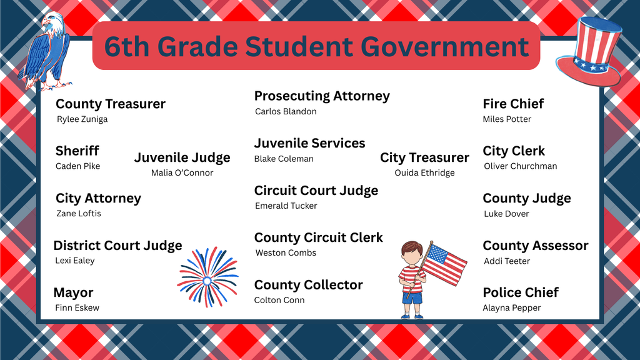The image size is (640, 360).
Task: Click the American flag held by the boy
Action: point(443,262)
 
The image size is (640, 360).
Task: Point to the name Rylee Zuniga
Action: point(82,119)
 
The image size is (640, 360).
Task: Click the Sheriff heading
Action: point(77,151)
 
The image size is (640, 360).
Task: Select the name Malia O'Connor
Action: point(182,172)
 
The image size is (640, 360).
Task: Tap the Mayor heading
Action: point(73,292)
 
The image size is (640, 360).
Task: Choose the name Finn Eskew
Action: point(77,307)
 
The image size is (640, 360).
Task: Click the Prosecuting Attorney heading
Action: point(322,96)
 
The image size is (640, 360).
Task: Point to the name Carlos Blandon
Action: point(286,111)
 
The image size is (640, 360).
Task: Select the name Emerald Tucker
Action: point(286,206)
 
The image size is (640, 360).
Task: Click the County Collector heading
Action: point(308,285)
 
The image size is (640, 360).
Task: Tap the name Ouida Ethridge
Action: point(424,172)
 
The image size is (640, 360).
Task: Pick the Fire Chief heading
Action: point(513,104)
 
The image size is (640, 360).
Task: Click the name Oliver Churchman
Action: point(520,166)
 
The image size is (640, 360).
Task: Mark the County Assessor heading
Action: point(535,246)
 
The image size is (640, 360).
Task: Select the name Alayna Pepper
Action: point(512,307)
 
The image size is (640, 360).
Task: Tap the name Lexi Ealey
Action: point(75,260)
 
